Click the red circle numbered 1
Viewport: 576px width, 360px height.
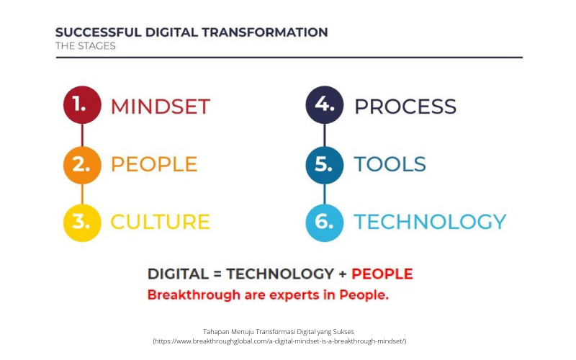[82, 104]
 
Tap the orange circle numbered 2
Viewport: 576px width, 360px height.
[82, 165]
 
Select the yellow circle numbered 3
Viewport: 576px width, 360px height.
[82, 222]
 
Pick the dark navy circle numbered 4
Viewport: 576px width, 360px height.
[325, 104]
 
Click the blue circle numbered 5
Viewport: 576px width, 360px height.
[325, 165]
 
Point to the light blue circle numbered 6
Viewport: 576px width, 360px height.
[325, 222]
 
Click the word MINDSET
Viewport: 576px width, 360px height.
[161, 107]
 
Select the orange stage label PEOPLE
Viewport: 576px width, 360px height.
[154, 164]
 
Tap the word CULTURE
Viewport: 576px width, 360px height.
[160, 222]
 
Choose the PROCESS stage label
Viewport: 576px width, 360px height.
[405, 107]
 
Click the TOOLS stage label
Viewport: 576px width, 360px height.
[390, 164]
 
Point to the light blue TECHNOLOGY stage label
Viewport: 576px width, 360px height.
[430, 222]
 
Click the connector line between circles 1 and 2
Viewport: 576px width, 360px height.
[82, 135]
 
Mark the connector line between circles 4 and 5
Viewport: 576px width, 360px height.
[325, 135]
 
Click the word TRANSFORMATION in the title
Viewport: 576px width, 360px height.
[264, 32]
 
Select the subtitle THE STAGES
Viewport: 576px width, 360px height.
[86, 46]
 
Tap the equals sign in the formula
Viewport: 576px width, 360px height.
[217, 274]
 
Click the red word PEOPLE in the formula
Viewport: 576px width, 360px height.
[382, 274]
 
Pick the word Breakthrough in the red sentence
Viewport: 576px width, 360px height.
[194, 295]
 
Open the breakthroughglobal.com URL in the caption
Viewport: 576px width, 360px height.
[279, 341]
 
